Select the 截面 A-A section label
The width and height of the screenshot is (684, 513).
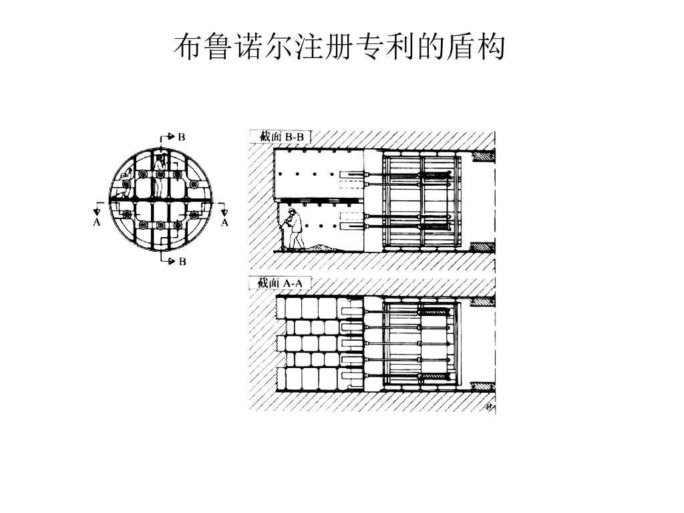280,283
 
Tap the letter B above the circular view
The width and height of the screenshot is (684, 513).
182,137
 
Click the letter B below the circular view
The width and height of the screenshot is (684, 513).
182,261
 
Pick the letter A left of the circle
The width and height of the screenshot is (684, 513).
97,222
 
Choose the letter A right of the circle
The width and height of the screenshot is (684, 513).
224,222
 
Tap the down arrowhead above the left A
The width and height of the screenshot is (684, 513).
97,212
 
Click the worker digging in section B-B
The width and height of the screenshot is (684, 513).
293,230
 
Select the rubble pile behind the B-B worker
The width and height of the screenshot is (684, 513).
322,247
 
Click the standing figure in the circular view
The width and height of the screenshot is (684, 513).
159,176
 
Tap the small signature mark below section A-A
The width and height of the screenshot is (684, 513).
488,407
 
